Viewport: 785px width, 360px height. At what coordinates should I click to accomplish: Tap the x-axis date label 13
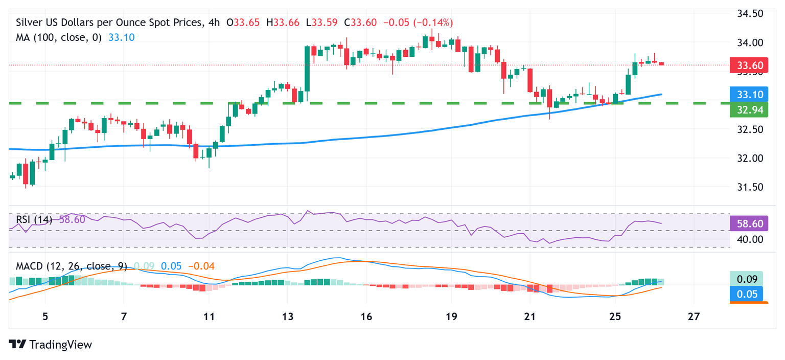pyautogui.click(x=288, y=316)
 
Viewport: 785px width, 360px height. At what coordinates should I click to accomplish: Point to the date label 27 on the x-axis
pyautogui.click(x=694, y=316)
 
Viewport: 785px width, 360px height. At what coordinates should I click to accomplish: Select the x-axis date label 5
pyautogui.click(x=45, y=316)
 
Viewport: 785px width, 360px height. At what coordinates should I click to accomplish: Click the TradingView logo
pyautogui.click(x=51, y=345)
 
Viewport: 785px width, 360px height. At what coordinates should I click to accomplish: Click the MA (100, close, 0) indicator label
pyautogui.click(x=59, y=37)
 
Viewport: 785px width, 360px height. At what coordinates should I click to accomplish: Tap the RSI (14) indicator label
pyautogui.click(x=34, y=219)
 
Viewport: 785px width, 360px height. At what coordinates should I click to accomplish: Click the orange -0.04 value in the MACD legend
pyautogui.click(x=201, y=266)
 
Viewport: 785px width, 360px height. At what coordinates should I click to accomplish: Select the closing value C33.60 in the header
pyautogui.click(x=362, y=22)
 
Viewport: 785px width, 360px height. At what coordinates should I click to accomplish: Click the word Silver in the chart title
pyautogui.click(x=30, y=22)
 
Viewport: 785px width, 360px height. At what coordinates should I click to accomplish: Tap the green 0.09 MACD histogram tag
pyautogui.click(x=746, y=279)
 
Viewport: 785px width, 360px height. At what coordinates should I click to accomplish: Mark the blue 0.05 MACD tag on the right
pyautogui.click(x=746, y=294)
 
